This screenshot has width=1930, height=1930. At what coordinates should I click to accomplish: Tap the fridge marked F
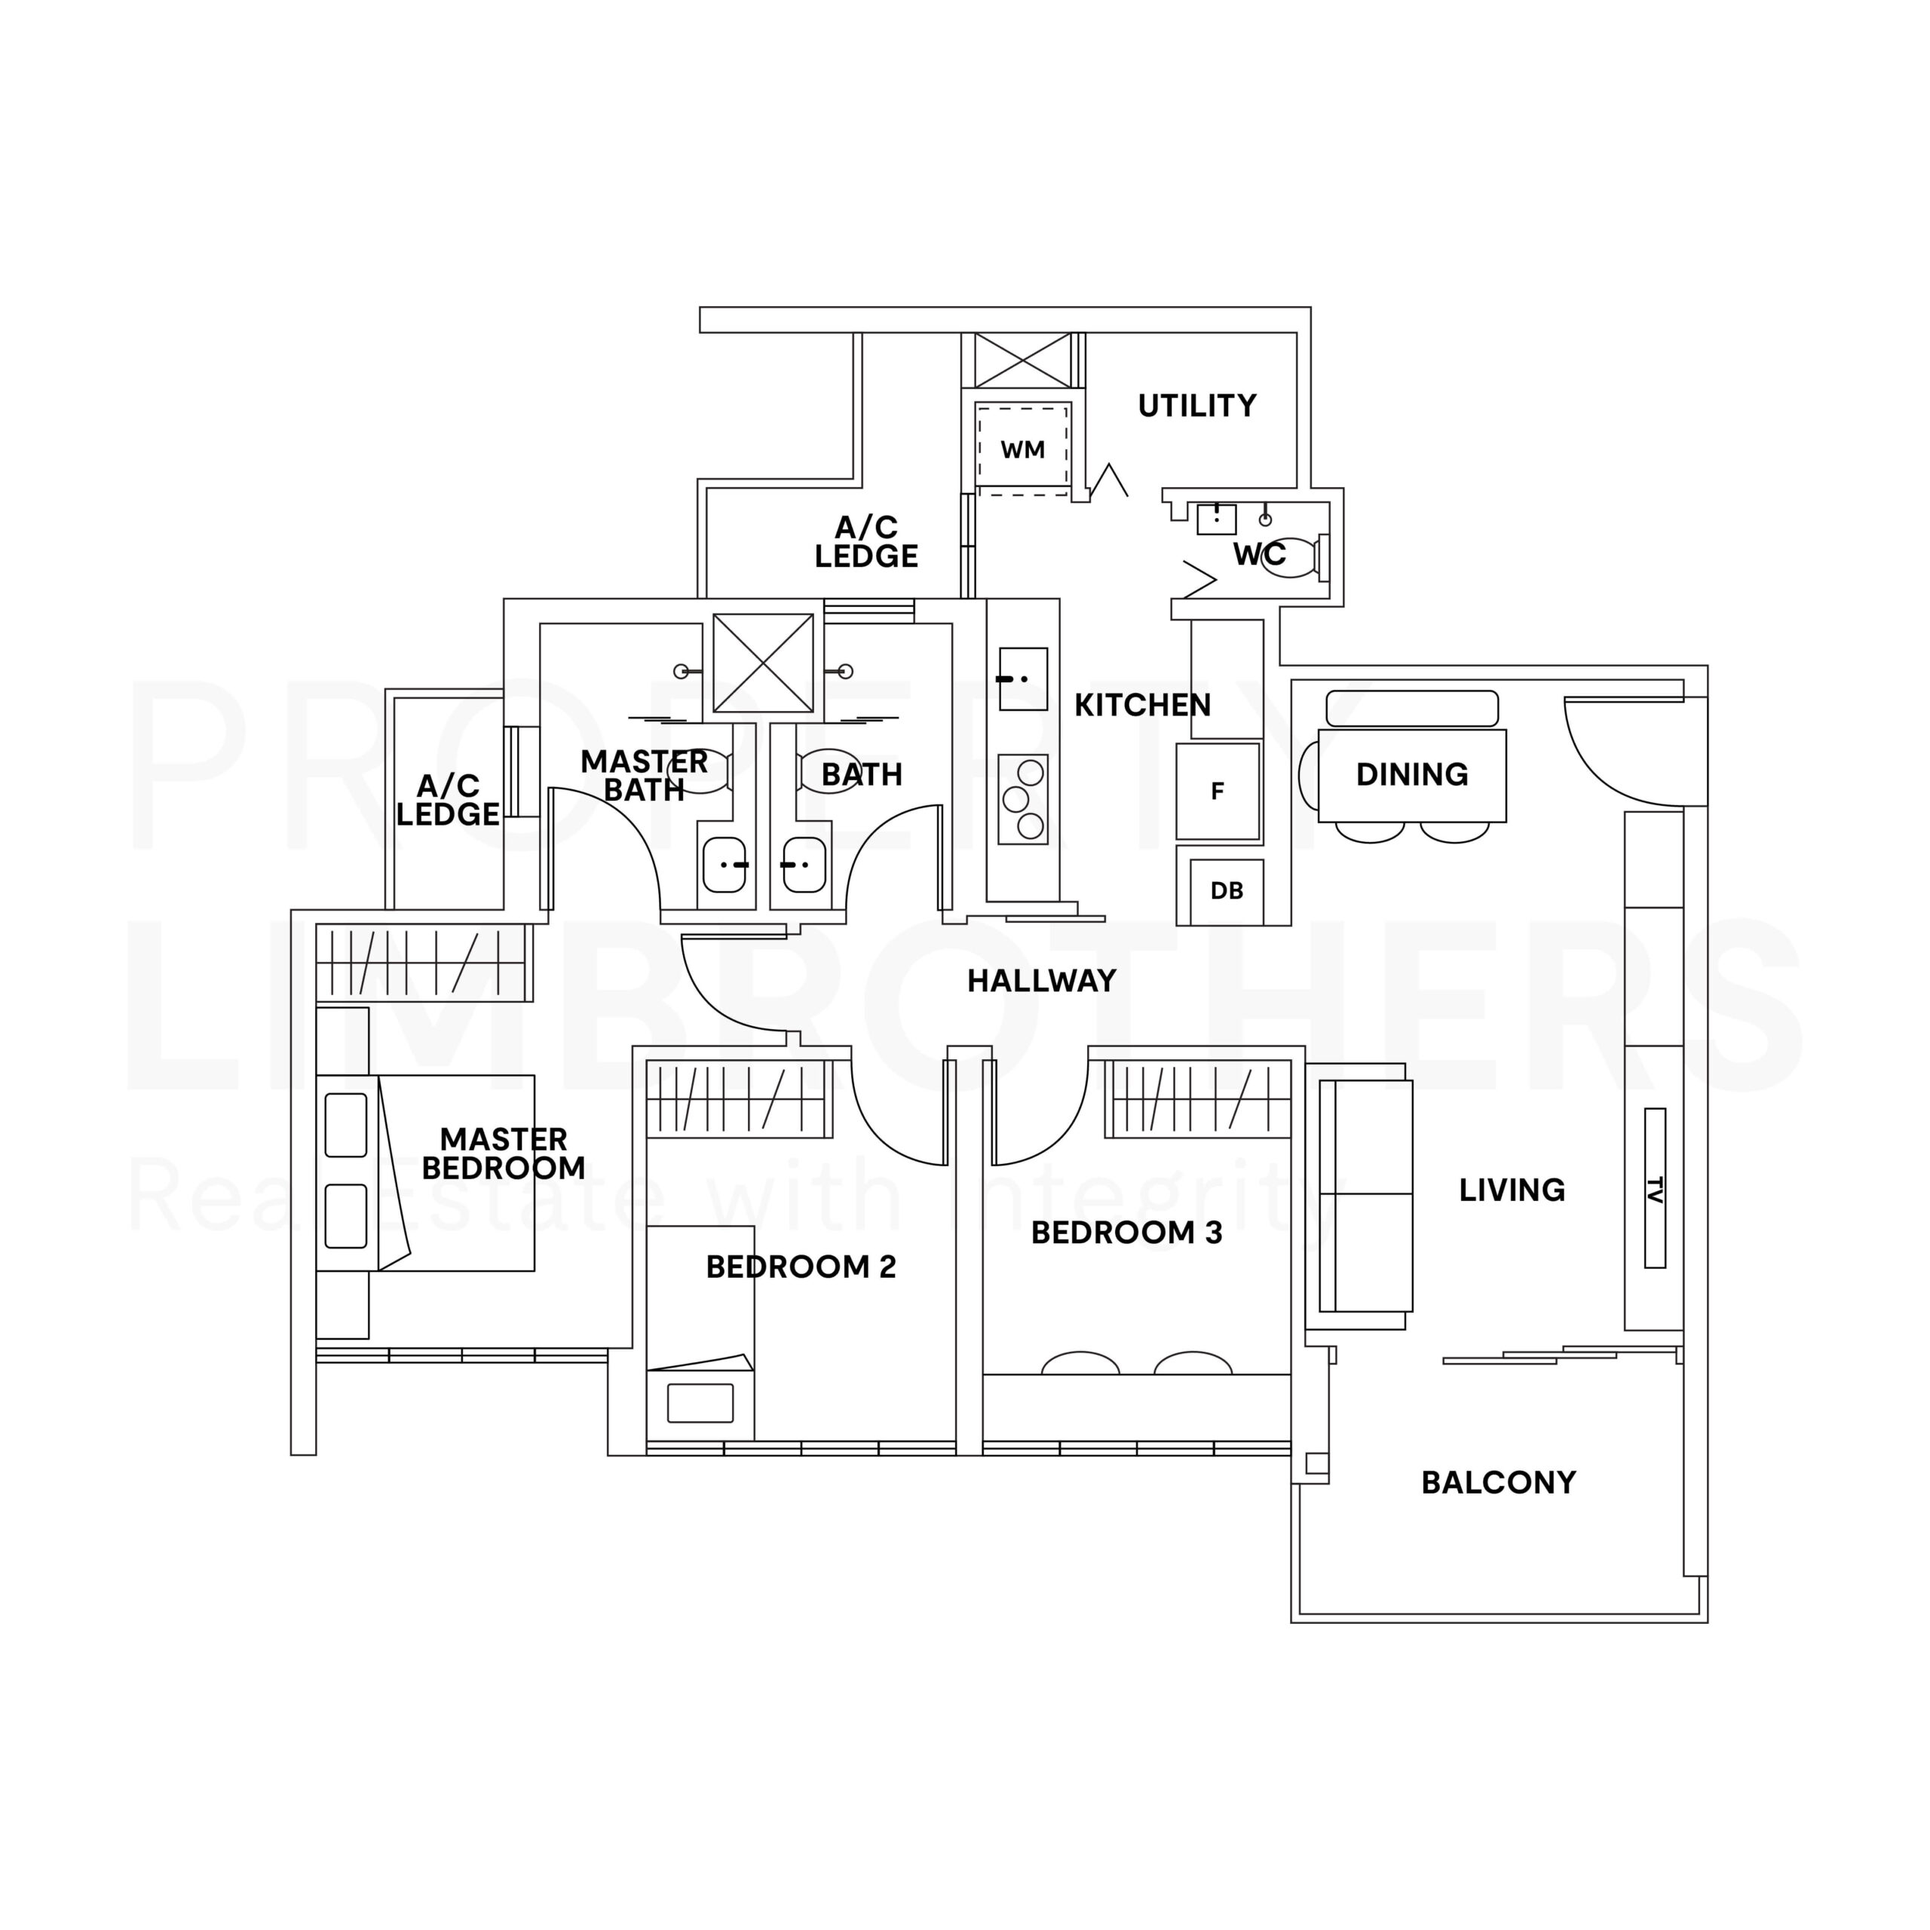(1217, 790)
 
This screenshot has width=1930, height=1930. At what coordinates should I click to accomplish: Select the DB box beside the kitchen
(1226, 890)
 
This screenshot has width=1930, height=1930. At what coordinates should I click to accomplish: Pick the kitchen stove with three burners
(1023, 798)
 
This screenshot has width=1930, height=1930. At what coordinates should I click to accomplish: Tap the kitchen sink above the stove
(1022, 679)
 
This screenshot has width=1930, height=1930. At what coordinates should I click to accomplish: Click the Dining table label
(1411, 774)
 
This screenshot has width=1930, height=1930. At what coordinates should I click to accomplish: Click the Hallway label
(1041, 980)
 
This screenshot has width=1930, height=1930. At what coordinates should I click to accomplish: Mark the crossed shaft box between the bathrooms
(762, 663)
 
